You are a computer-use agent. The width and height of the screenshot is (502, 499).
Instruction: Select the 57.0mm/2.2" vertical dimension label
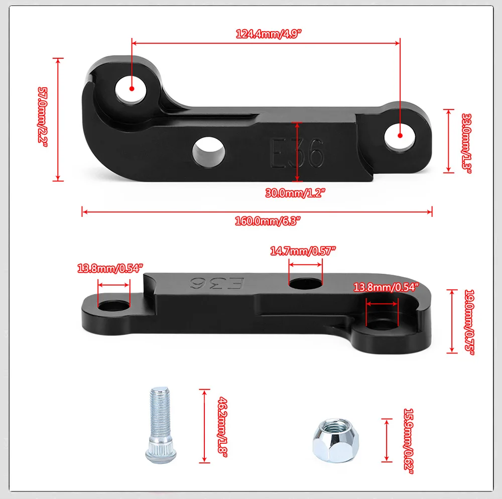point(43,117)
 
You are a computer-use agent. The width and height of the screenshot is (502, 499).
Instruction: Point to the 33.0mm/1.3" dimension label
point(466,143)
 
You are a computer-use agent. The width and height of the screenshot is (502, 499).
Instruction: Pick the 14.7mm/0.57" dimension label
point(303,251)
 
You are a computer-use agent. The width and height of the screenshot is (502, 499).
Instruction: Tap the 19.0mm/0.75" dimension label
point(469,322)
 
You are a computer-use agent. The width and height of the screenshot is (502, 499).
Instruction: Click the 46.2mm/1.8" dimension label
point(221,426)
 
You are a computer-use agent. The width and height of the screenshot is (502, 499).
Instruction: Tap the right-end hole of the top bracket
point(400,136)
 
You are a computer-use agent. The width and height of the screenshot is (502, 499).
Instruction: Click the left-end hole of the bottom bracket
point(113,306)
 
